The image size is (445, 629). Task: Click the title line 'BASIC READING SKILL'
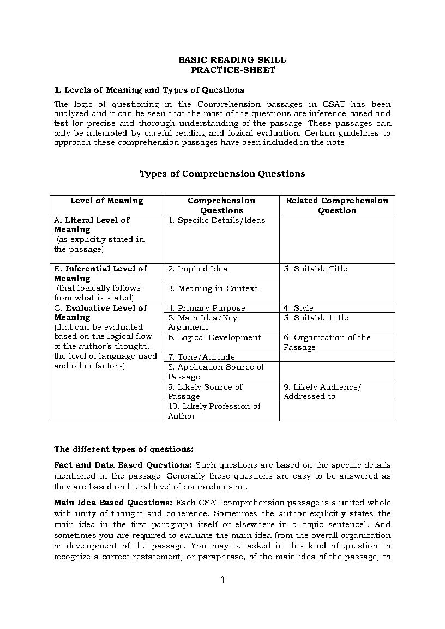point(232,60)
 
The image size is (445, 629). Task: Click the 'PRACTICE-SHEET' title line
point(233,70)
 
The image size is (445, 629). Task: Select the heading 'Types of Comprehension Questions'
point(222,174)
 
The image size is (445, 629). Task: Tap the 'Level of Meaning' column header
point(107,201)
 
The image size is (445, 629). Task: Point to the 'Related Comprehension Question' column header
point(337,205)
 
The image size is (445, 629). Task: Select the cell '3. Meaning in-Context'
point(213,288)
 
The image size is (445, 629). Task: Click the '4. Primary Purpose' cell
point(207,308)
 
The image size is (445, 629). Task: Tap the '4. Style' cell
point(298,308)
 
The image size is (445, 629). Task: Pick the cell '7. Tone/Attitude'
point(201,357)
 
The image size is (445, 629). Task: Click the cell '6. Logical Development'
point(214,337)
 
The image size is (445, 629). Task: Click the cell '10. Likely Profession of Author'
point(214,411)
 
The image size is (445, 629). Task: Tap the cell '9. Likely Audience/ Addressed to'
point(322,391)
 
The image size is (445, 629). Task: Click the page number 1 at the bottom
point(222,579)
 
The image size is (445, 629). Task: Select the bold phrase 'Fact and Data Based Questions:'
point(123,465)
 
